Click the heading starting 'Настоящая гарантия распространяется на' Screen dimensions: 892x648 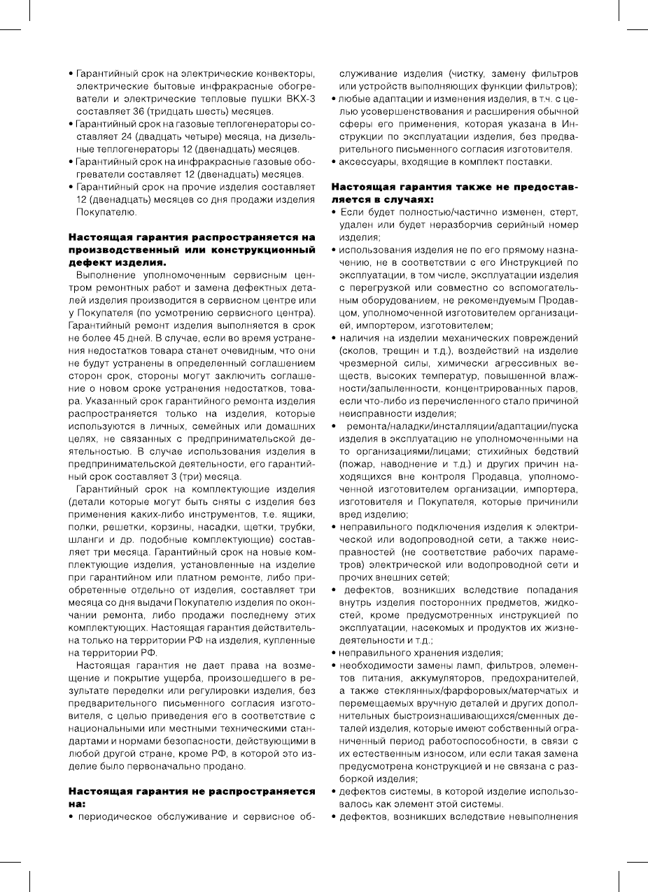191,238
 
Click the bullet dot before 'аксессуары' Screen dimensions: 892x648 334,162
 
